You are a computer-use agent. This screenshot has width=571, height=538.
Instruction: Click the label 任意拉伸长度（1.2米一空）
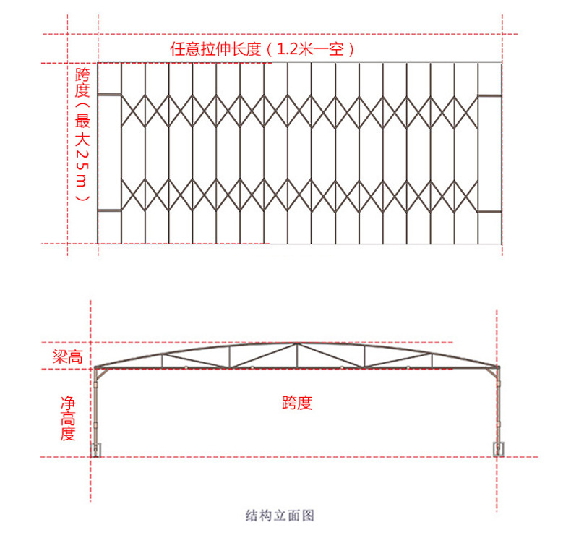point(263,49)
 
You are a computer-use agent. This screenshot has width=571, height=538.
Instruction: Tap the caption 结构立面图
point(280,515)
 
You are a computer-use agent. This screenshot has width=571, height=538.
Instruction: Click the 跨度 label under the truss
point(297,403)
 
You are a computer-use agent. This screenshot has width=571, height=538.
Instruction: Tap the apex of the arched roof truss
point(296,343)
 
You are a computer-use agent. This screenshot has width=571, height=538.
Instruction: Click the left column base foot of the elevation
point(95,450)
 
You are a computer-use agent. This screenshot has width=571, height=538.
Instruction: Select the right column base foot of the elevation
point(497,450)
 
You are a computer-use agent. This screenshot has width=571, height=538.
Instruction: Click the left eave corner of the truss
point(96,368)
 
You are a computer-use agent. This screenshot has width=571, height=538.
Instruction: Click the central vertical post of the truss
point(296,356)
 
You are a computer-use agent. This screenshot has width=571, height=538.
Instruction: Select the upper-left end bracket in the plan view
point(109,95)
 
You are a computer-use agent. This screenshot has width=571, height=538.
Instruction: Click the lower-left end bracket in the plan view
point(109,210)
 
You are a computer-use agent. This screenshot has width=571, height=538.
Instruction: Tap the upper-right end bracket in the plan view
point(489,95)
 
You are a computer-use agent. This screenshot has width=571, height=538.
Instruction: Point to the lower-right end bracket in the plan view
point(489,210)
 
